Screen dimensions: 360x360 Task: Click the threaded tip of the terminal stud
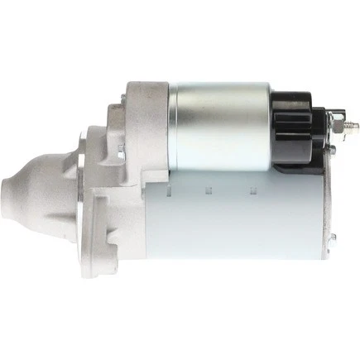pos(354,126)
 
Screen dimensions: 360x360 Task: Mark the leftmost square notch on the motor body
pos(168,188)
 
